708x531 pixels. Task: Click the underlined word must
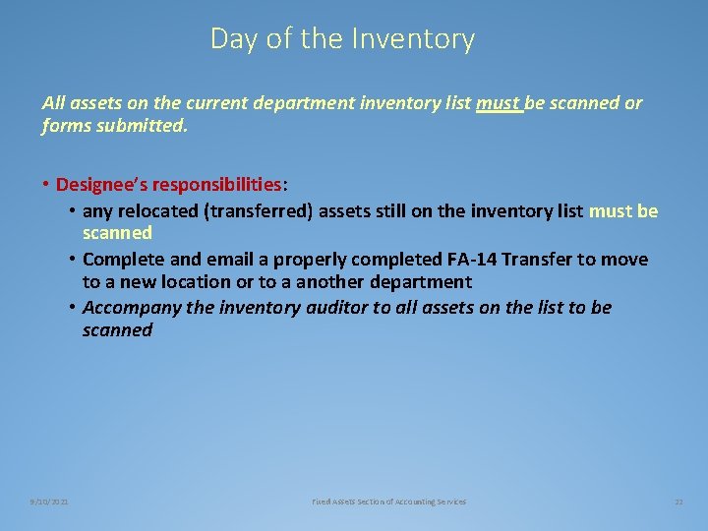point(498,103)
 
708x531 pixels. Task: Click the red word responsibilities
point(219,184)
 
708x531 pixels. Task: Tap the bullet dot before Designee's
point(46,184)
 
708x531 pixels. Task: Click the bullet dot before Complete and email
point(74,259)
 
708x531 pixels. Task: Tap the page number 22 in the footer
point(678,501)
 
